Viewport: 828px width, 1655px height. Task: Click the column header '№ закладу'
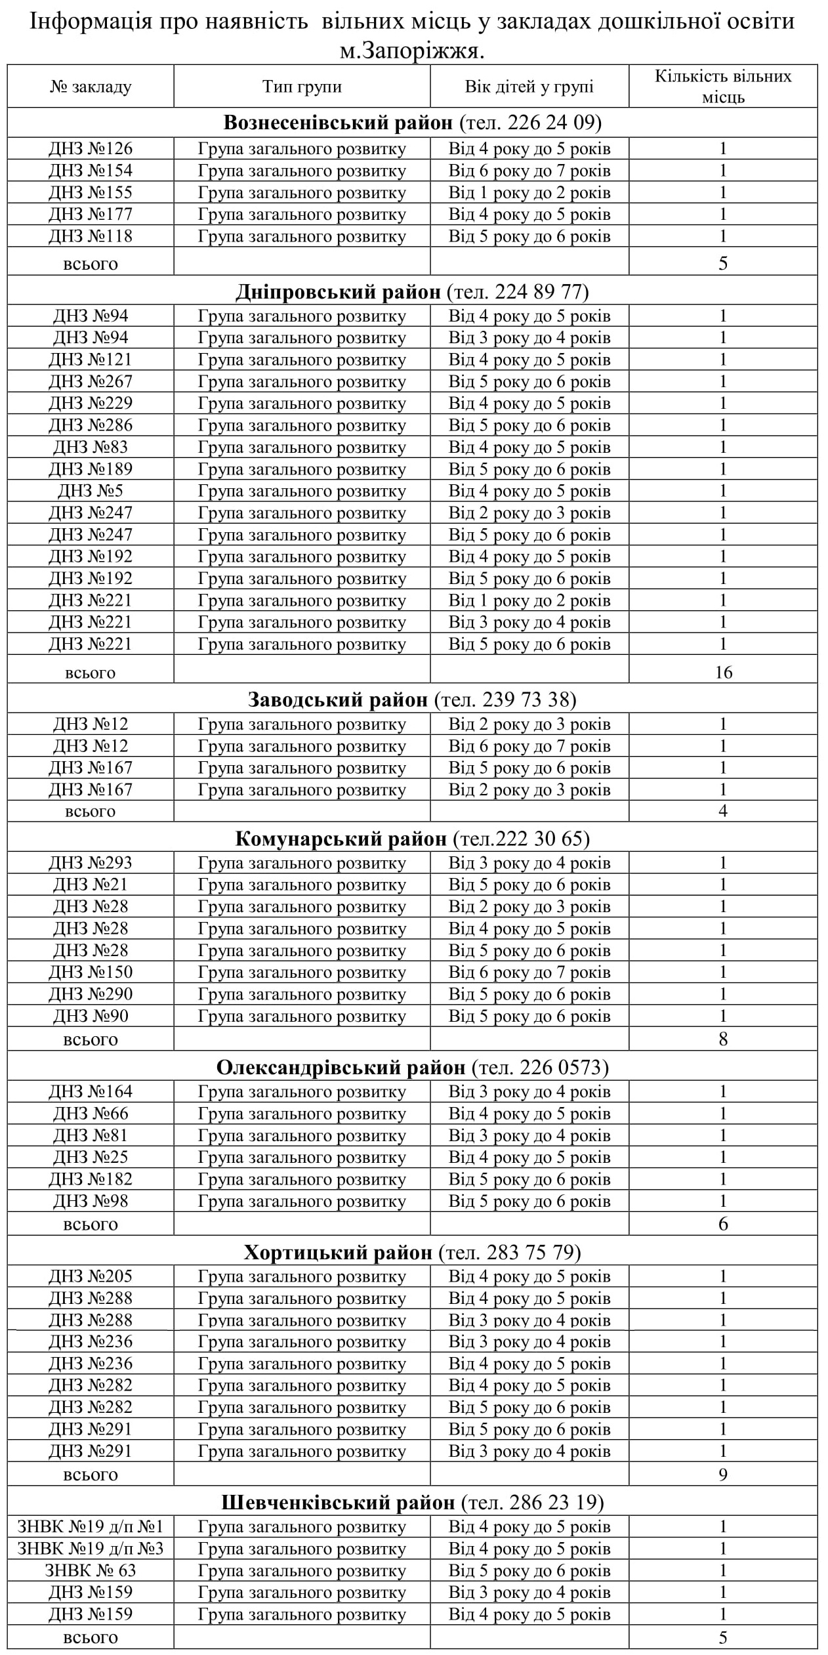coord(91,87)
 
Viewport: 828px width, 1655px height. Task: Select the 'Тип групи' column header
coord(302,87)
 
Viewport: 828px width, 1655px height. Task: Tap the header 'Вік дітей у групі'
coord(529,87)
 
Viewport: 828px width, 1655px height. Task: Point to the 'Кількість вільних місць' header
coord(723,87)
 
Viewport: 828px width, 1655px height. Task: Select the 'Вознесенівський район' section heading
coord(338,123)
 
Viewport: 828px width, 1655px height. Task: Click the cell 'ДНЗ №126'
coord(91,149)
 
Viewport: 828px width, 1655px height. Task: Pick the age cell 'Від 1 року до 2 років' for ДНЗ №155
coord(529,193)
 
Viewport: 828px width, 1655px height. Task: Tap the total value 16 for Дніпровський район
coord(723,672)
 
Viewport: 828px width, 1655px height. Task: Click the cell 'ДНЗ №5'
coord(91,491)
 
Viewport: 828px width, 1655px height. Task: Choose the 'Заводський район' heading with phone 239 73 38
coord(412,700)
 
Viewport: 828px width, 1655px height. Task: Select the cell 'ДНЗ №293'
coord(91,863)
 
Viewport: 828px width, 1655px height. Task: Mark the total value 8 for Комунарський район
coord(723,1039)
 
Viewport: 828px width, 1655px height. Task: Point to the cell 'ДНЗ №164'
coord(91,1091)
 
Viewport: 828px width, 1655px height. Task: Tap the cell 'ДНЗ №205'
coord(91,1276)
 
